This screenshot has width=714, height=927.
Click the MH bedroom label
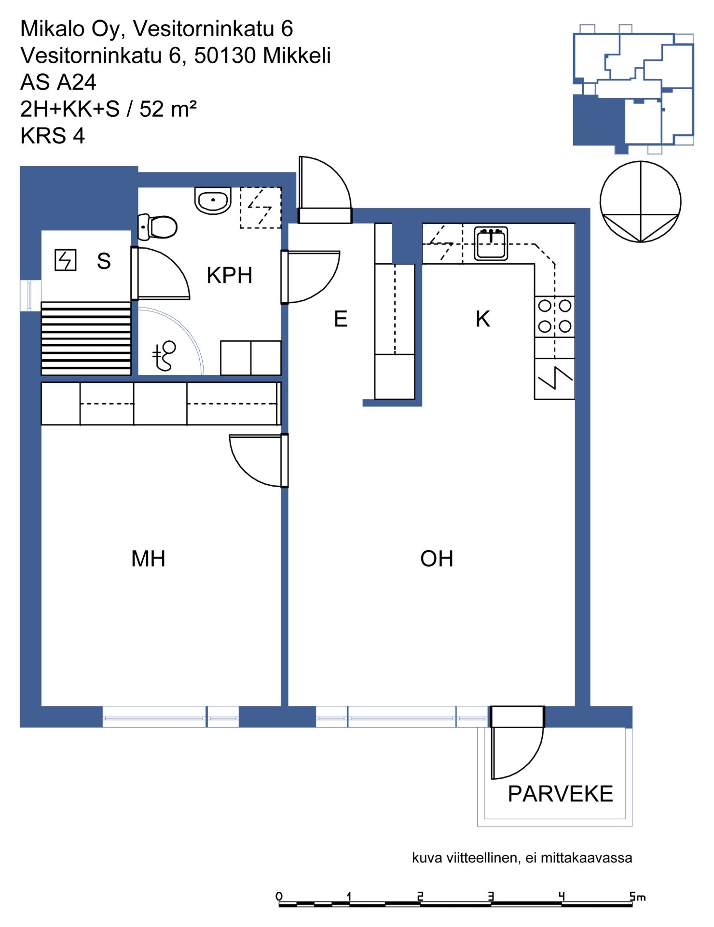point(148,559)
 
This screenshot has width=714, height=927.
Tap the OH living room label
point(437,559)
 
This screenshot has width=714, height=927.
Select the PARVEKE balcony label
point(560,794)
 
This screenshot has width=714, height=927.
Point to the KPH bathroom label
point(230,275)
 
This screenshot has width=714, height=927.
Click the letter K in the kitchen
point(482,319)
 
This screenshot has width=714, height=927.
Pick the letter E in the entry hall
point(341,319)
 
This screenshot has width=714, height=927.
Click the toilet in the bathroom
point(157,226)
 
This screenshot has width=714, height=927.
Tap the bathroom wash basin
point(213,200)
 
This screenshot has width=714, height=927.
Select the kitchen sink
point(491,243)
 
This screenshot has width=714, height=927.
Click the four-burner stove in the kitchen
point(555,316)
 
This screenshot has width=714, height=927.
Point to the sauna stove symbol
point(65,260)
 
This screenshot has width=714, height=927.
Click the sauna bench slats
point(86,338)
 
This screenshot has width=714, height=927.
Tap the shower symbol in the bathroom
point(164,356)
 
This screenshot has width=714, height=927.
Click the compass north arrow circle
point(641,202)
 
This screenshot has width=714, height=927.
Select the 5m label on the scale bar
point(637,897)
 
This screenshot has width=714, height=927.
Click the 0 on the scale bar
point(279,897)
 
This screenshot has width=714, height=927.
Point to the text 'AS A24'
point(58,83)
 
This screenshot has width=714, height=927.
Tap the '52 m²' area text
point(168,109)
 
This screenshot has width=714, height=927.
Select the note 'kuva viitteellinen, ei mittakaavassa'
point(522,858)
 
